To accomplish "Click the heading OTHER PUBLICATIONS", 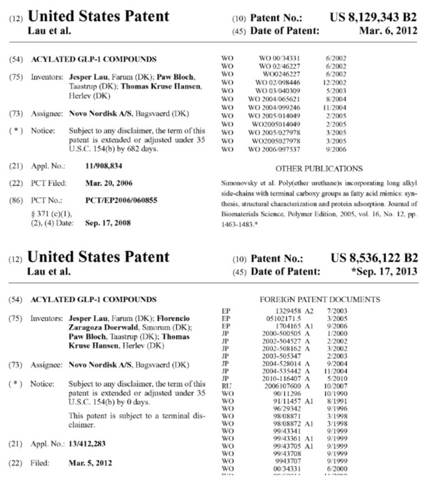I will (x=318, y=168).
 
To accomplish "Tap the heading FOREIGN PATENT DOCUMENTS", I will (x=320, y=299).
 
